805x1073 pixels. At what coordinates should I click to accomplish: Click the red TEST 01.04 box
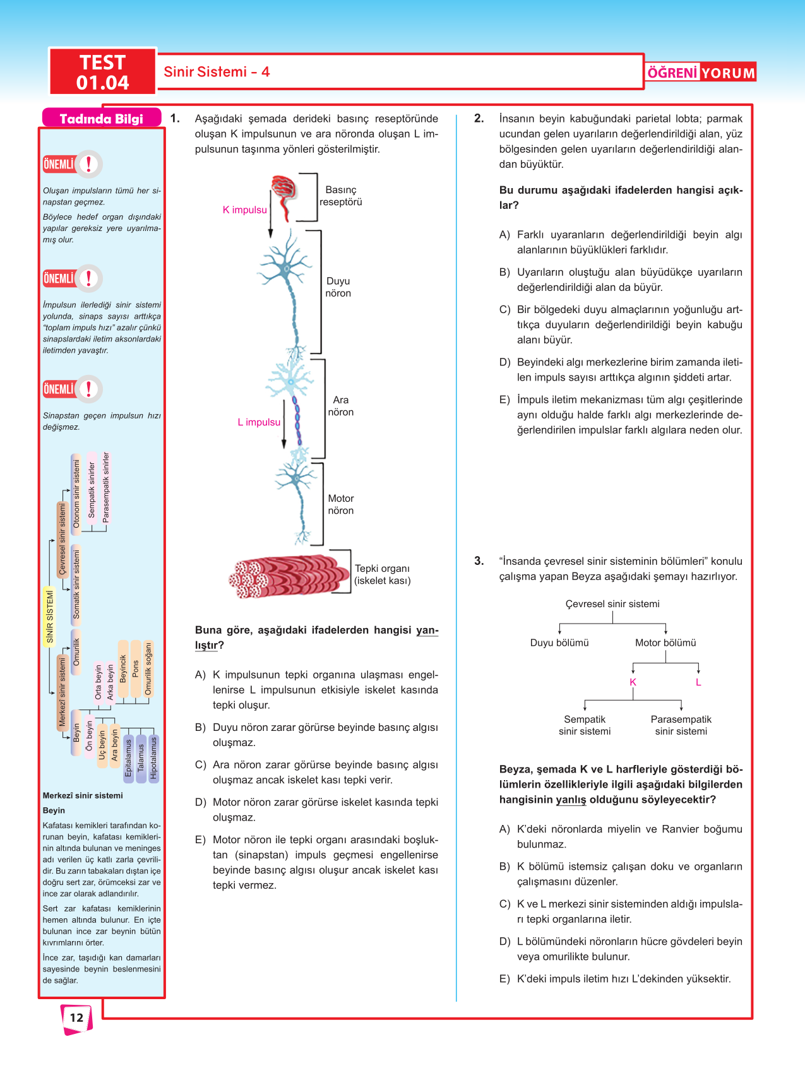pyautogui.click(x=102, y=72)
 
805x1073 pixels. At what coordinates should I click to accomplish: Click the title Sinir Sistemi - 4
pyautogui.click(x=217, y=72)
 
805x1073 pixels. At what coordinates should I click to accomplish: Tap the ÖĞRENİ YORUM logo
pyautogui.click(x=701, y=73)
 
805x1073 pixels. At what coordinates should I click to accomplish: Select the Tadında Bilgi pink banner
pyautogui.click(x=101, y=119)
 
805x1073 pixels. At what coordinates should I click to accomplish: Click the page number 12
pyautogui.click(x=76, y=1017)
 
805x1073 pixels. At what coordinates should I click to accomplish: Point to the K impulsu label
pyautogui.click(x=244, y=210)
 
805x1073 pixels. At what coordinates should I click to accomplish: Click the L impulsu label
pyautogui.click(x=259, y=422)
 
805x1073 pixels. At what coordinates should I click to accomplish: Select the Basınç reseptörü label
pyautogui.click(x=341, y=196)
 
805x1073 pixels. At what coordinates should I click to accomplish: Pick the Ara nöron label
pyautogui.click(x=341, y=406)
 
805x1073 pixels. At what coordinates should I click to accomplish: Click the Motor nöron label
pyautogui.click(x=341, y=504)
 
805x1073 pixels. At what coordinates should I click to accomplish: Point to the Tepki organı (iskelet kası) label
pyautogui.click(x=383, y=574)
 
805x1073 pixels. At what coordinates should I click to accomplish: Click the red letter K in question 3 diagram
pyautogui.click(x=633, y=682)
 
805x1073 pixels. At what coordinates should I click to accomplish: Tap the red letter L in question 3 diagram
pyautogui.click(x=698, y=682)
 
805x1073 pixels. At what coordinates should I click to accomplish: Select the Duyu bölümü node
pyautogui.click(x=559, y=643)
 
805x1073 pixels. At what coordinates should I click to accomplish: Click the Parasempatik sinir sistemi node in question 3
pyautogui.click(x=681, y=725)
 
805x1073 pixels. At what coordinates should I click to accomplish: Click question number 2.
pyautogui.click(x=479, y=118)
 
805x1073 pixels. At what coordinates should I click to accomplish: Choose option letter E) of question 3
pyautogui.click(x=504, y=979)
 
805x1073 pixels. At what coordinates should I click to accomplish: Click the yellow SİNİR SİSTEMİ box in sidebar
pyautogui.click(x=50, y=616)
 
